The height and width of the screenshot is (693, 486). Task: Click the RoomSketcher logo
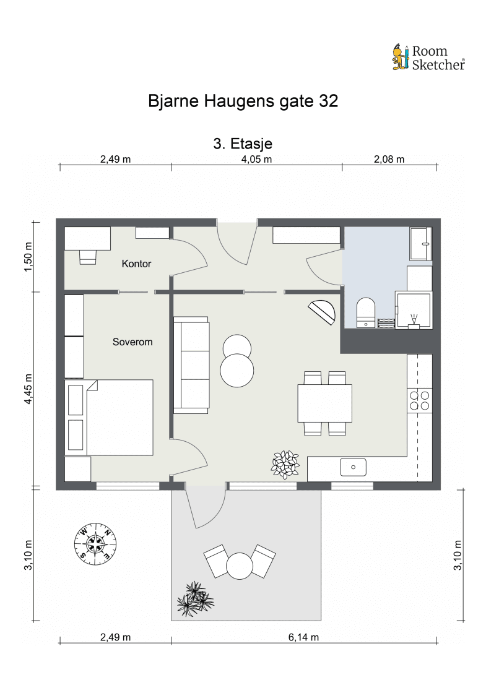428,58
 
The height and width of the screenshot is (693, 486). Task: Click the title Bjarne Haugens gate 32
243,101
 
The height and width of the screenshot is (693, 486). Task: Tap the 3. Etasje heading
243,144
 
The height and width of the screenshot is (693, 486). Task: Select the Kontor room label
136,264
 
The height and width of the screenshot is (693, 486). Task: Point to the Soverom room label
132,342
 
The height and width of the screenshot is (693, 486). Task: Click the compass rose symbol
95,543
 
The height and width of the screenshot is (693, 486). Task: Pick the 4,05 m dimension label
256,159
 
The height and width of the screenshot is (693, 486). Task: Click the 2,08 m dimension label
389,159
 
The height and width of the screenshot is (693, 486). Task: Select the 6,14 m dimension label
303,637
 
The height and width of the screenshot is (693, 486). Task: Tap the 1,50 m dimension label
28,257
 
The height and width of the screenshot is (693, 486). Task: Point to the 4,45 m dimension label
28,389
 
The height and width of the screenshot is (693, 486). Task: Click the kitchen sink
353,467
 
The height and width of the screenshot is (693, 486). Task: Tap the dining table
325,403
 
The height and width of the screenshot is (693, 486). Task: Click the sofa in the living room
191,365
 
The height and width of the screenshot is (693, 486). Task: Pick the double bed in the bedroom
109,417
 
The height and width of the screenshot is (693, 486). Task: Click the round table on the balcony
239,566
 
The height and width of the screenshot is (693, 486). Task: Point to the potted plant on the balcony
195,600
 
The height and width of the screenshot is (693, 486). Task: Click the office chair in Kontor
87,257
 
